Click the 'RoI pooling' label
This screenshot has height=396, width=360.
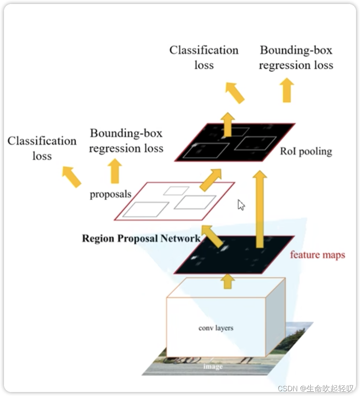click(306, 151)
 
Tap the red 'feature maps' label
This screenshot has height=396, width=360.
click(317, 254)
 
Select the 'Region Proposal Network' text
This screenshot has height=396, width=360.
click(141, 239)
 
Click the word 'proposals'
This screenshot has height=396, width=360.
click(110, 194)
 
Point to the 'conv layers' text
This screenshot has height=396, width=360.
click(216, 328)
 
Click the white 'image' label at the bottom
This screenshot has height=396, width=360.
click(213, 366)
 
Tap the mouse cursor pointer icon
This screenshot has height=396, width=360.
click(241, 205)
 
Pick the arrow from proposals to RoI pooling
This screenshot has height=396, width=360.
click(211, 179)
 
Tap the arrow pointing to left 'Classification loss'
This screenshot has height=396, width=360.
click(72, 177)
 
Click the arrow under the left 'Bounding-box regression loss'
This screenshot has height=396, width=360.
click(115, 171)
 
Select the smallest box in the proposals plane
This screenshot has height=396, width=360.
click(170, 190)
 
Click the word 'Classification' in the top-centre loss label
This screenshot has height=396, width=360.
click(204, 50)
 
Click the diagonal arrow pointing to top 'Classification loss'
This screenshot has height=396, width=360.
click(235, 92)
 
